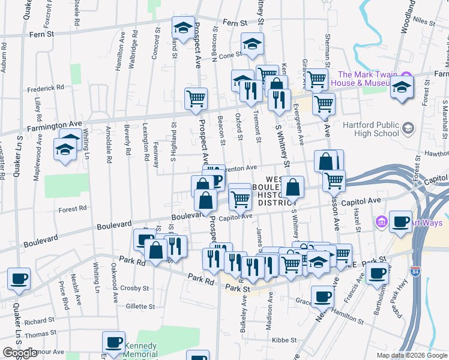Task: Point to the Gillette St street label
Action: click(x=140, y=306)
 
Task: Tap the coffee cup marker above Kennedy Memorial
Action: click(x=113, y=341)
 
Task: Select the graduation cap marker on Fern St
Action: click(x=182, y=26)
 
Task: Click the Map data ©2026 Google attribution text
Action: click(x=411, y=355)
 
